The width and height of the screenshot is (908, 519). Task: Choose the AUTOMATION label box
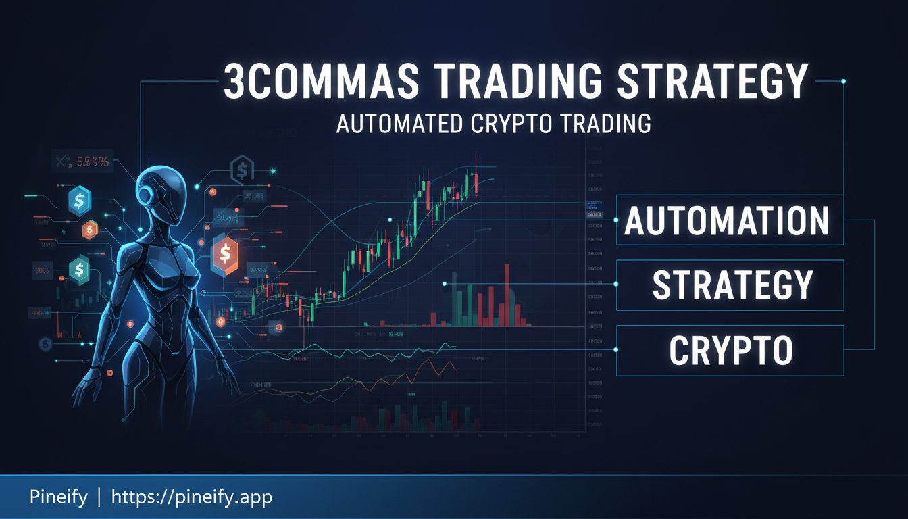pyautogui.click(x=730, y=220)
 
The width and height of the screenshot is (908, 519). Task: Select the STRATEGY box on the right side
pyautogui.click(x=730, y=285)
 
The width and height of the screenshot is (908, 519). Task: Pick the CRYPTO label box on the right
pyautogui.click(x=730, y=350)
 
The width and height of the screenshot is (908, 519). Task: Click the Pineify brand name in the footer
pyautogui.click(x=59, y=498)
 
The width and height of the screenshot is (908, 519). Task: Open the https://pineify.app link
pyautogui.click(x=191, y=498)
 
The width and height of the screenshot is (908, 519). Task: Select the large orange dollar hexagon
pyautogui.click(x=225, y=256)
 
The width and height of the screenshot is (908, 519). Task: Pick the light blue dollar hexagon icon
pyautogui.click(x=80, y=201)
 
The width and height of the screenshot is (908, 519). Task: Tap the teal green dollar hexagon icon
pyautogui.click(x=79, y=270)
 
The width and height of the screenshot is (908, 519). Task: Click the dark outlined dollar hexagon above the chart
pyautogui.click(x=241, y=170)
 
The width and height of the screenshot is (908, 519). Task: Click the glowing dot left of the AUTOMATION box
pyautogui.click(x=616, y=220)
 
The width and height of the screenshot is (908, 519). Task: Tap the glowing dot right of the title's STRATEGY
pyautogui.click(x=843, y=81)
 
